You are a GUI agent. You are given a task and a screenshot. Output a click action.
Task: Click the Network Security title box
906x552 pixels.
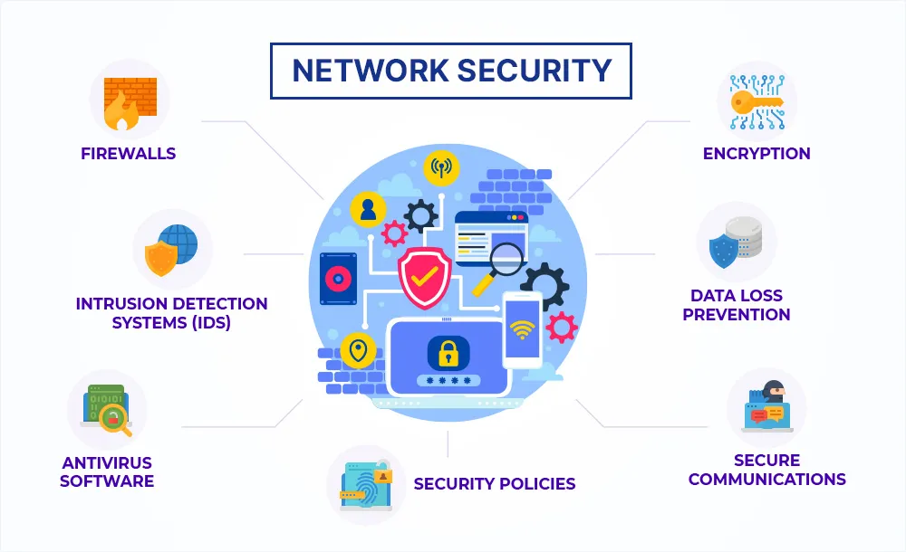click(451, 71)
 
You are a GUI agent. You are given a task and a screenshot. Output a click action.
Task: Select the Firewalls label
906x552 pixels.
click(129, 153)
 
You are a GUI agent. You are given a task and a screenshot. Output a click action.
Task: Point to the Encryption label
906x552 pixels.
click(757, 153)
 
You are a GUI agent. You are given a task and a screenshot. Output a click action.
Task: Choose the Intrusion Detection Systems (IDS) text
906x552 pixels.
click(171, 312)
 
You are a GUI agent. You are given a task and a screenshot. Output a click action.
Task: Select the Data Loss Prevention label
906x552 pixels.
click(737, 305)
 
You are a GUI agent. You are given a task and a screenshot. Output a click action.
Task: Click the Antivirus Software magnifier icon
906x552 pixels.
click(107, 408)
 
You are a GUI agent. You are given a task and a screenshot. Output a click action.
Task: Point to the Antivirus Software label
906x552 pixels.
click(107, 471)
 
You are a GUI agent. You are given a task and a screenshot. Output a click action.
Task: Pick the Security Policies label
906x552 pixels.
click(495, 483)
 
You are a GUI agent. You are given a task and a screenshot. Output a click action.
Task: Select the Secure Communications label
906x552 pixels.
click(766, 470)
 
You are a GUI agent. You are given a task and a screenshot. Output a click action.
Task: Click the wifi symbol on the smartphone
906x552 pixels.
click(522, 328)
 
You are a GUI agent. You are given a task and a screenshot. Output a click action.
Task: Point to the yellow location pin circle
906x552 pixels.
click(359, 349)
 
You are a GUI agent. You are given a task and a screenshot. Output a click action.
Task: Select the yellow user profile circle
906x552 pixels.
click(368, 209)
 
